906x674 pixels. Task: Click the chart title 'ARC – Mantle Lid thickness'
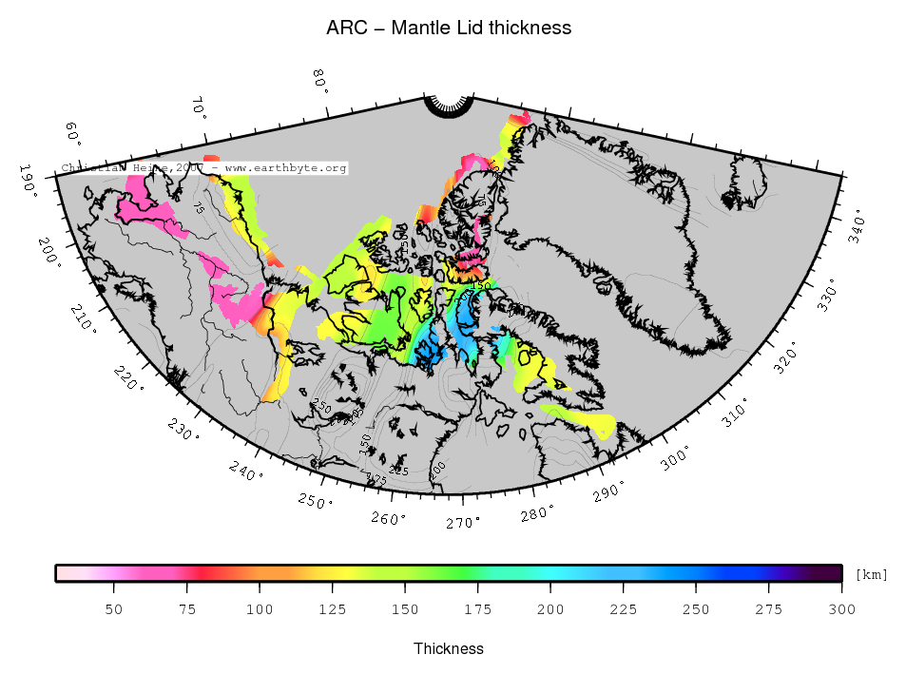tap(449, 28)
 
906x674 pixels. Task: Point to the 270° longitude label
tap(464, 522)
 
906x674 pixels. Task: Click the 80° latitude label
tap(320, 82)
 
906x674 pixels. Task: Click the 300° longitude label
tap(676, 459)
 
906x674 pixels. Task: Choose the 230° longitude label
tap(184, 430)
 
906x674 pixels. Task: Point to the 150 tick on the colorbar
tap(405, 608)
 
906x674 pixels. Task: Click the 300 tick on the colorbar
tap(841, 608)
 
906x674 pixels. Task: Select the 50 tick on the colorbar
tap(114, 608)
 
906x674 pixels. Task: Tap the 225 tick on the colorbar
tap(624, 608)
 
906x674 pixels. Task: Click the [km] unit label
tap(872, 574)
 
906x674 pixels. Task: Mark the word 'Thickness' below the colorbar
tap(449, 648)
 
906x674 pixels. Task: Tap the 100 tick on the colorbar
tap(260, 608)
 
